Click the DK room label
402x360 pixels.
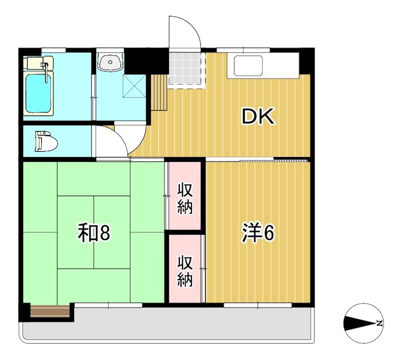click(258, 116)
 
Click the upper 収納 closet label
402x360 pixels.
click(185, 199)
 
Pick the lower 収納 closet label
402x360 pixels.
click(185, 272)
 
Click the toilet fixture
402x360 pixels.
click(45, 141)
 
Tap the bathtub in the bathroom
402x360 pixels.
click(39, 94)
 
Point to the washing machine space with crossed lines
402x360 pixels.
click(133, 87)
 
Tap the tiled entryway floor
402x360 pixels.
click(186, 69)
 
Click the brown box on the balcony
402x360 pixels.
click(50, 311)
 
